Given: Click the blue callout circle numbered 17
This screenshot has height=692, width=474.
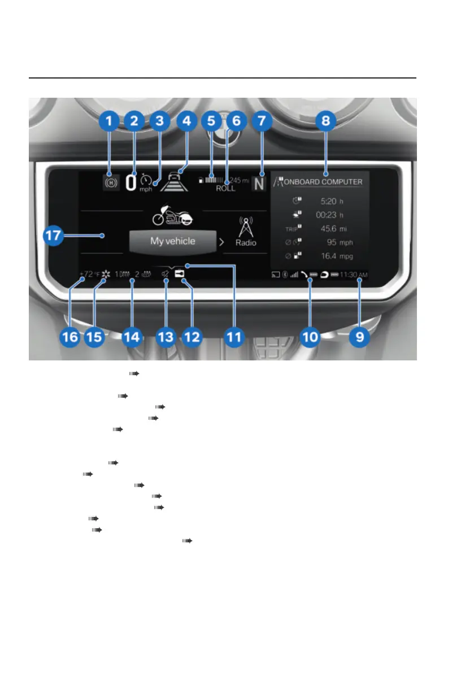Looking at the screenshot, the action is (54, 236).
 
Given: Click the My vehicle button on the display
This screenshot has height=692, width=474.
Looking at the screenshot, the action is (173, 241).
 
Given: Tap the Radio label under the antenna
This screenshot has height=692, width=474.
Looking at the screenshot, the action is (246, 242).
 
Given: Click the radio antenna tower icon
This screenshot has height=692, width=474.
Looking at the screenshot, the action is (246, 225).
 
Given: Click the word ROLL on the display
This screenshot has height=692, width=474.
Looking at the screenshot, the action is (225, 188).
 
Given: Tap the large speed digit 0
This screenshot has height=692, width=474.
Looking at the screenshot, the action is (131, 184).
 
